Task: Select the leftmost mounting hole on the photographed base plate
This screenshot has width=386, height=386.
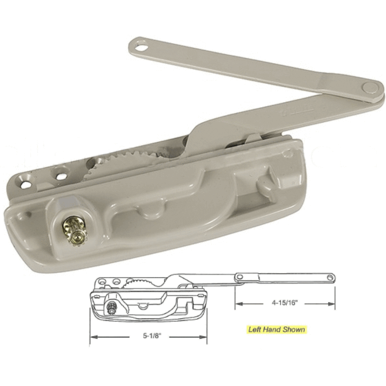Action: point(25,184)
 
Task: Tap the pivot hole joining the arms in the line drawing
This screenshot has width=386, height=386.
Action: point(240,277)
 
